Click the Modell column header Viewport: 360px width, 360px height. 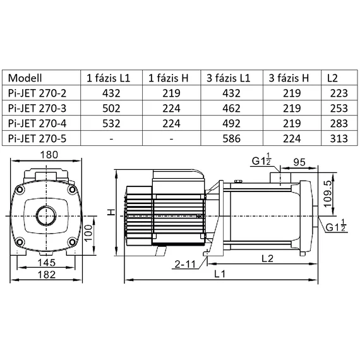(x=27, y=78)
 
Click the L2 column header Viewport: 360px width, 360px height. (x=333, y=78)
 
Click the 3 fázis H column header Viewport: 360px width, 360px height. (x=289, y=78)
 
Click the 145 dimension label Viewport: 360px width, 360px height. (x=46, y=262)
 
